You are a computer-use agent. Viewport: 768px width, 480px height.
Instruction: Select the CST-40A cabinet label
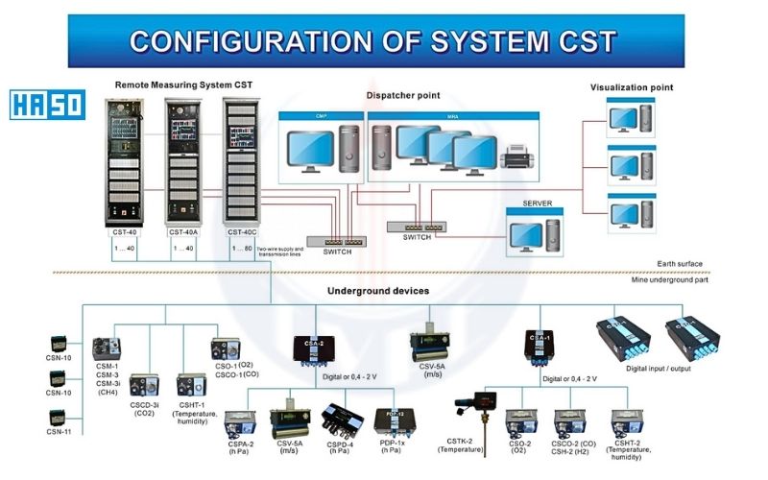[x=182, y=231]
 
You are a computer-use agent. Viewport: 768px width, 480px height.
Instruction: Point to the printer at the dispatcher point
[x=518, y=153]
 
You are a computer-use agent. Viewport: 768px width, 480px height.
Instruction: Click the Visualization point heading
[x=631, y=87]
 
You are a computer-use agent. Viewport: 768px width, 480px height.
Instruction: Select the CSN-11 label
[x=60, y=432]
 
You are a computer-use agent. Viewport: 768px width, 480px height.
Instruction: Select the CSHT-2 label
[x=628, y=444]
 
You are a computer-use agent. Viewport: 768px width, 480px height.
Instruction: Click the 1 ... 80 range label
[x=243, y=249]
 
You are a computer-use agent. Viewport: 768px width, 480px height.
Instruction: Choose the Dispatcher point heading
[x=402, y=96]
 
